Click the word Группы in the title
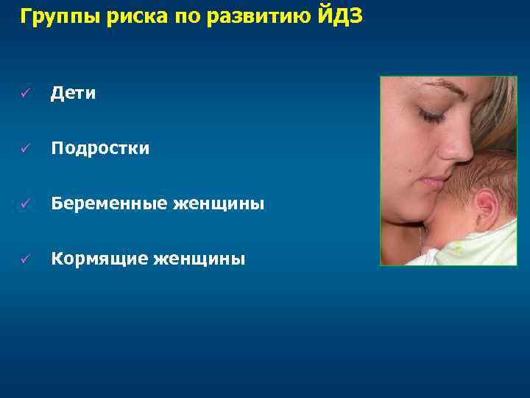(52, 16)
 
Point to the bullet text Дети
(73, 94)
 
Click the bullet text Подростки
(100, 149)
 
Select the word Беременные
(106, 203)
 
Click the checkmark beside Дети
(24, 94)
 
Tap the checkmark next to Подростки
(24, 149)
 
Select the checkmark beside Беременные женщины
(24, 203)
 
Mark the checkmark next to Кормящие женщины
(24, 259)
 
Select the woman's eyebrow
(434, 86)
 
